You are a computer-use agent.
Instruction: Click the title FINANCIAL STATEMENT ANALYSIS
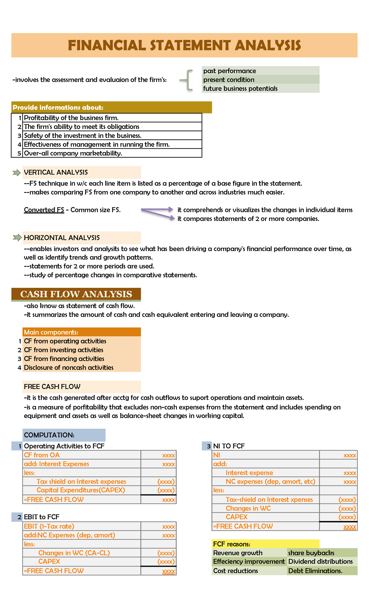coord(184,45)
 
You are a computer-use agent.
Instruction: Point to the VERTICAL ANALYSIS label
coord(56,172)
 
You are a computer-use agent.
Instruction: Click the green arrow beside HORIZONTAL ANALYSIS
coord(17,238)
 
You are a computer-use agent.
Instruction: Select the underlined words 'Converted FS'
coord(44,210)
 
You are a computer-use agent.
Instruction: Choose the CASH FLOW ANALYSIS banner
coord(76,294)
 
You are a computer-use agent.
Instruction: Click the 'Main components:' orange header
coord(51,332)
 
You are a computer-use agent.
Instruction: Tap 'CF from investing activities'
coord(64,350)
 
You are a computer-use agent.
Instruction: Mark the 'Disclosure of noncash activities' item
coord(69,367)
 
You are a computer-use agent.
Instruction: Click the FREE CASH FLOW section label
coord(52,386)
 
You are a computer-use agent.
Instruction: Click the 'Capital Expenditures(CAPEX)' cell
coord(81,490)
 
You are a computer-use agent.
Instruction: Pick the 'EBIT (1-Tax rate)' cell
coord(49,526)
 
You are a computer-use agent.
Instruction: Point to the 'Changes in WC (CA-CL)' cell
coord(74,553)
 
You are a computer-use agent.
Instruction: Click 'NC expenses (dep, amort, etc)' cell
coord(271,482)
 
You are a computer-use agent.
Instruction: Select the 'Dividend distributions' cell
coord(320,562)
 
